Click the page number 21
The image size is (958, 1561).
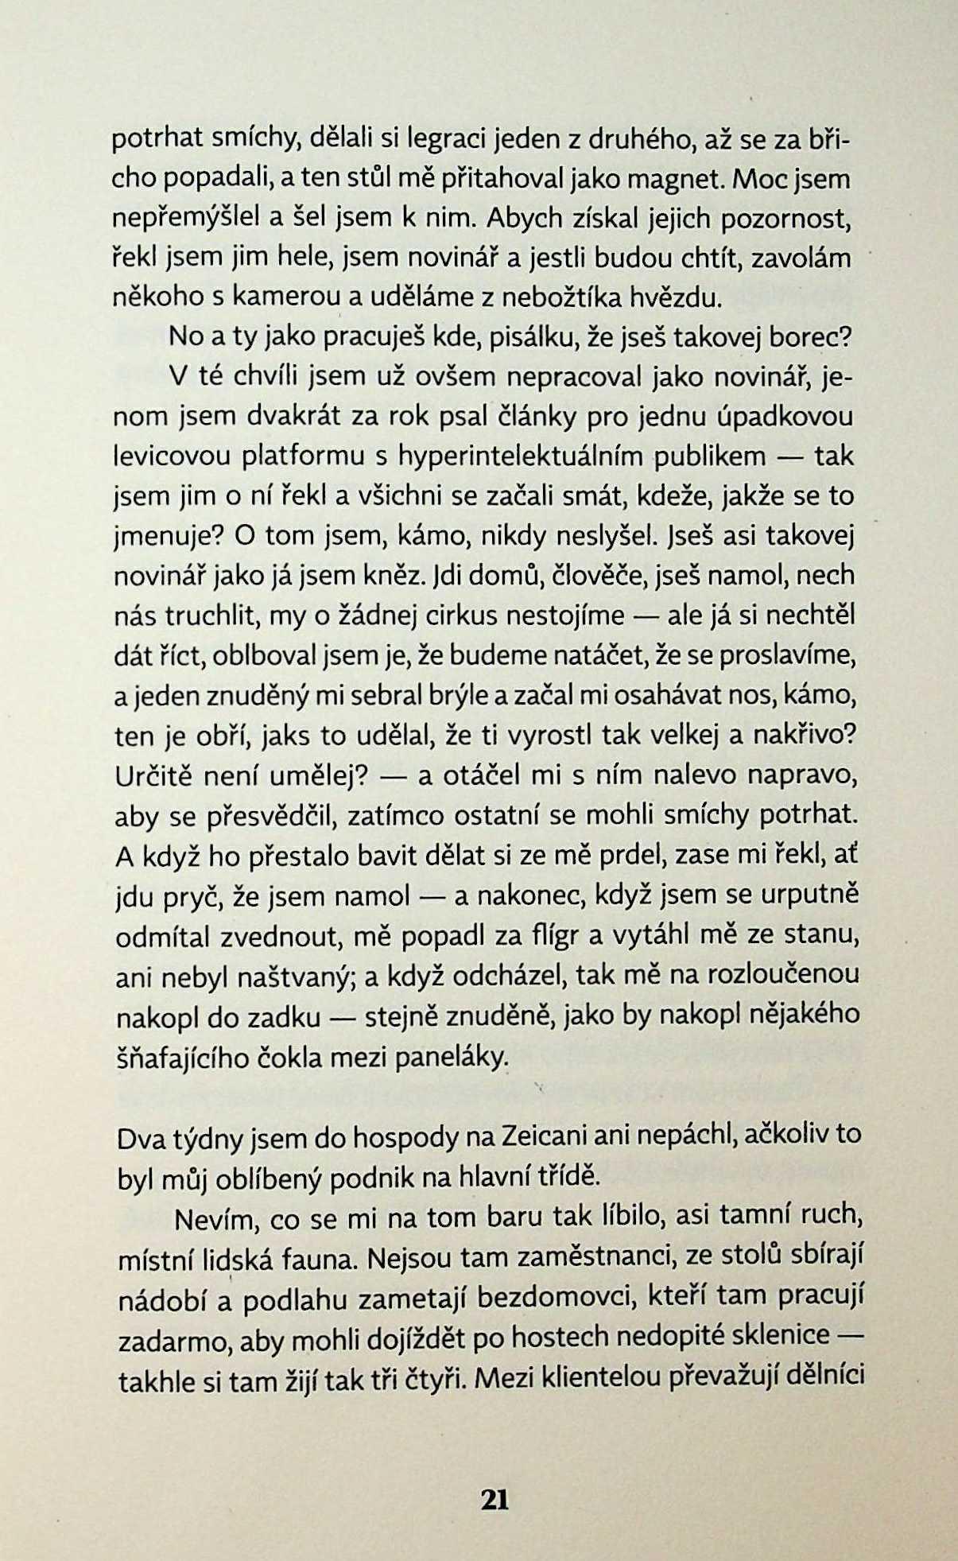point(495,1499)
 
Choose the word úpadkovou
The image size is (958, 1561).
point(785,417)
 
